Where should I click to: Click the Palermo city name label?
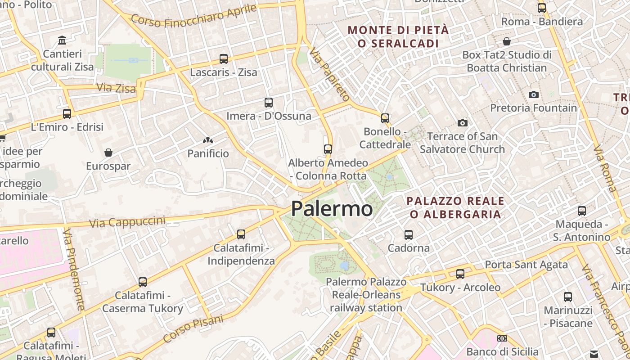tap(332, 209)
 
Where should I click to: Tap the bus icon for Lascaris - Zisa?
tap(224, 59)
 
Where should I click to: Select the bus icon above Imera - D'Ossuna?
tap(269, 103)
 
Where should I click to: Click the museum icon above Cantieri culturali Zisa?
tap(62, 40)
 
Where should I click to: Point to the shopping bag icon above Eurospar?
tap(108, 153)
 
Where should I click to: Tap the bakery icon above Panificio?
tap(208, 140)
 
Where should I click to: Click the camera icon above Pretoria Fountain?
tap(534, 94)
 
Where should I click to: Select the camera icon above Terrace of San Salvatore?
tap(462, 123)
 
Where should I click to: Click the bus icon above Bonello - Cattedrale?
tap(385, 118)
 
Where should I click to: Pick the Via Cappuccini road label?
tap(127, 222)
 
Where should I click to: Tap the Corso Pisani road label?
tap(193, 328)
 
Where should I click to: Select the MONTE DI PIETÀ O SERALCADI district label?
tap(398, 36)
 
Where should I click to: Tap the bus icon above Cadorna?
tap(409, 234)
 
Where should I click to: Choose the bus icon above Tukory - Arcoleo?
tap(460, 274)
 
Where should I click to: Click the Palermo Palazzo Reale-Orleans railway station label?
tap(366, 295)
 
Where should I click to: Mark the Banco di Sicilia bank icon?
tap(502, 338)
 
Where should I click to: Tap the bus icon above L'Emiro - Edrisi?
tap(67, 114)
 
